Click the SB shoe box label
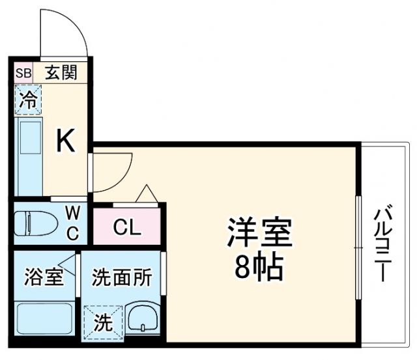(x=23, y=73)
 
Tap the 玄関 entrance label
(x=61, y=72)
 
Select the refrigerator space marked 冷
(x=28, y=100)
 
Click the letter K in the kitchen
(x=66, y=140)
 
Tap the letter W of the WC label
(x=72, y=213)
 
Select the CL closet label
(x=127, y=227)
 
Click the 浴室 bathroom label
(x=44, y=277)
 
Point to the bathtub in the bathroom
(x=44, y=318)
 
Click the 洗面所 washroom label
(x=122, y=277)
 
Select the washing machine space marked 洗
(x=104, y=322)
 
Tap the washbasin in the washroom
(x=143, y=318)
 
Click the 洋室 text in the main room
(x=259, y=233)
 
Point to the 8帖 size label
(x=259, y=267)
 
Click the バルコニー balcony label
(x=383, y=242)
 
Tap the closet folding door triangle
(x=147, y=193)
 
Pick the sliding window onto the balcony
(x=359, y=247)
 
